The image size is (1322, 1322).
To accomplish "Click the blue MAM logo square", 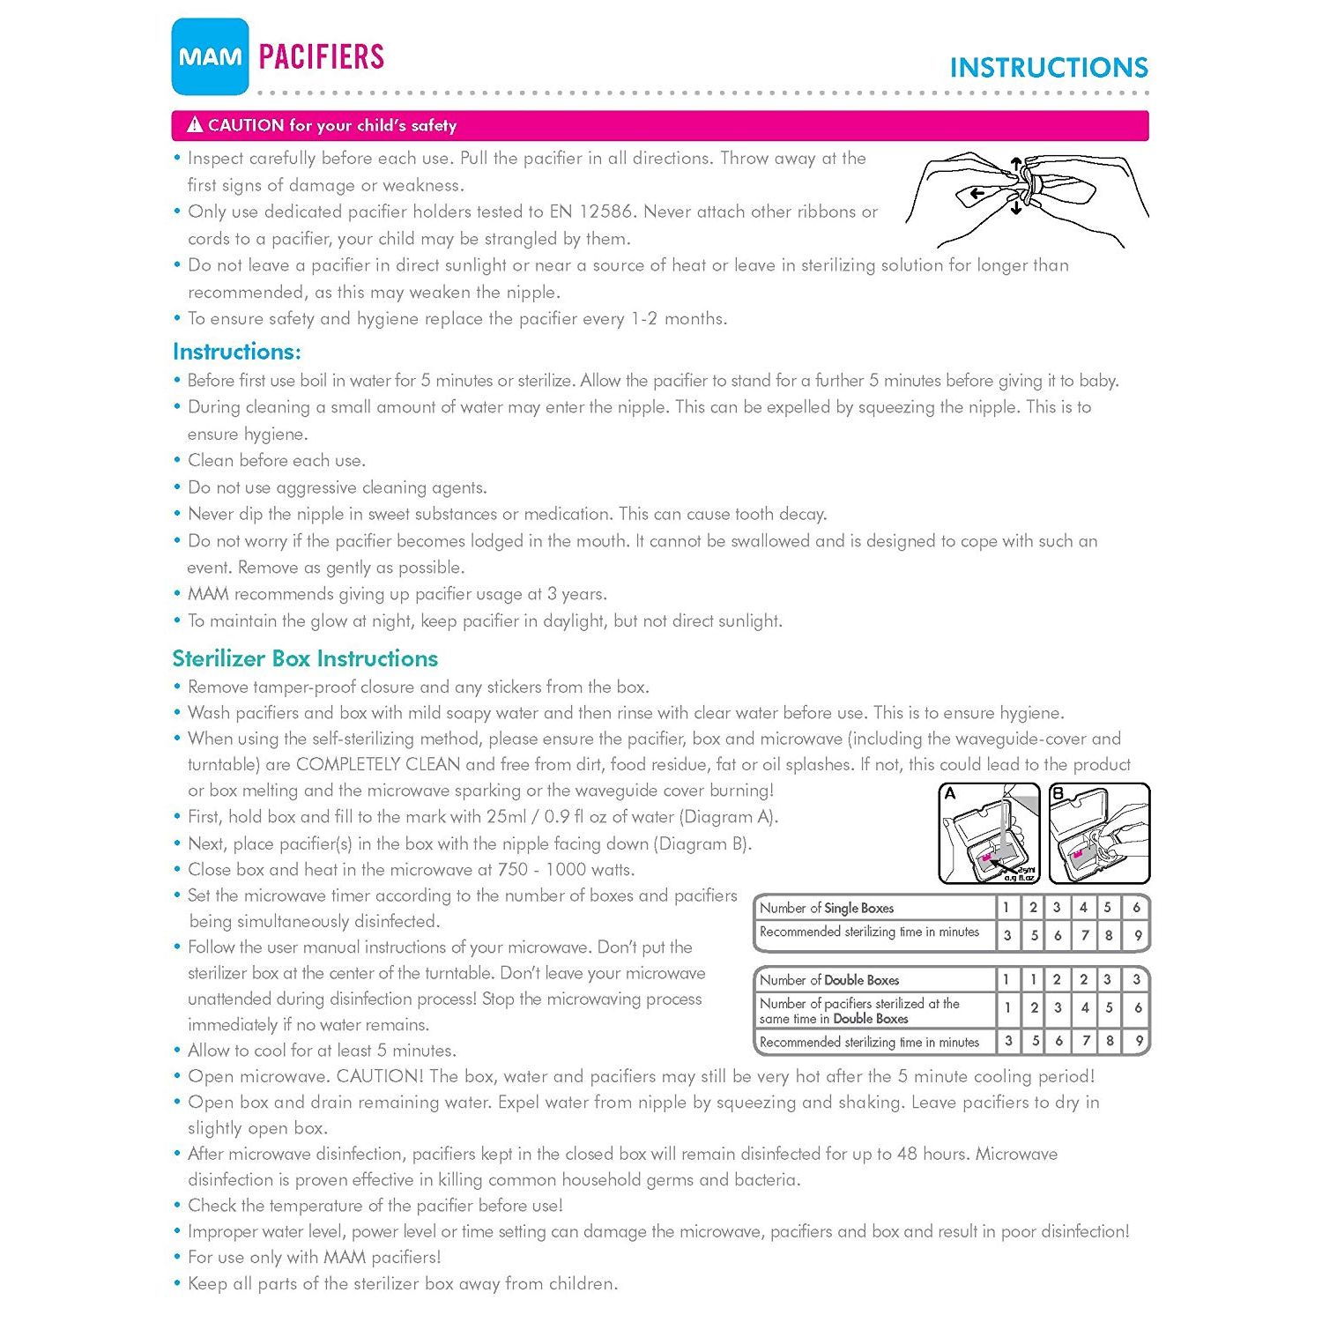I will click(211, 56).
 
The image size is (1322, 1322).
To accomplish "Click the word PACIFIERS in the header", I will click(322, 57).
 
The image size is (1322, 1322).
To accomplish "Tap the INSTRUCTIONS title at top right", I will click(1049, 68).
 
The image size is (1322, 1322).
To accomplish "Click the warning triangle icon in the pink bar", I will click(195, 125).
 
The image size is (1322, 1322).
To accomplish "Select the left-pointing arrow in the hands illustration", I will click(975, 194).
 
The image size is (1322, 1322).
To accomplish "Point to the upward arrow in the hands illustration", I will click(1016, 165).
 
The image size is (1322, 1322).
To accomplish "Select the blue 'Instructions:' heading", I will click(237, 352).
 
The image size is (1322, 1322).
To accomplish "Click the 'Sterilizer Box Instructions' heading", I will click(305, 658).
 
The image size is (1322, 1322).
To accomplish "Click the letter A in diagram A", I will click(950, 793).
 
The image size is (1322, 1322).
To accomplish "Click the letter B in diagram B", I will click(1058, 793).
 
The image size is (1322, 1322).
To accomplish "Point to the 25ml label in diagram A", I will click(1025, 870).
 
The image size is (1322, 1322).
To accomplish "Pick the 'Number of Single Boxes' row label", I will click(827, 908).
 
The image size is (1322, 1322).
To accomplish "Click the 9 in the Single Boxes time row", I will click(1138, 936).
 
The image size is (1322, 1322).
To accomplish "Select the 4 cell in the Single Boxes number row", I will click(1083, 907).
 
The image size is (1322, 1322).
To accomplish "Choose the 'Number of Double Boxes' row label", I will click(829, 980).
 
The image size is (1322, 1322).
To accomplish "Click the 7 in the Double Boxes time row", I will click(1086, 1042).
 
